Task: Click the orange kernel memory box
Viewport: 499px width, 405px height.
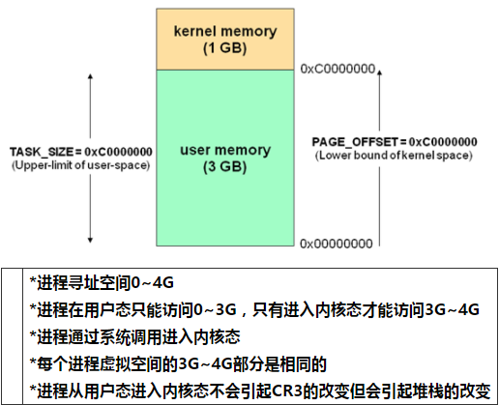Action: (225, 40)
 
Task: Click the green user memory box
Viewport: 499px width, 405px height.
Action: (225, 158)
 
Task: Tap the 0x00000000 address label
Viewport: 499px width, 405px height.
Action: (337, 244)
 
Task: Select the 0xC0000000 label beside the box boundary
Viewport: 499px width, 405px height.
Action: (338, 69)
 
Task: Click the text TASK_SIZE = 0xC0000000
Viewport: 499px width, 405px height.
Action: (81, 152)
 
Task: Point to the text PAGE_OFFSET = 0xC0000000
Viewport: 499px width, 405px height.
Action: (395, 142)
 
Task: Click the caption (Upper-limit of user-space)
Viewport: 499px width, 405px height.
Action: (81, 165)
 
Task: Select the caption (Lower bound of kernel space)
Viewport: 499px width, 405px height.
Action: (394, 156)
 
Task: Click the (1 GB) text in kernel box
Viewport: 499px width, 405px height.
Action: (225, 48)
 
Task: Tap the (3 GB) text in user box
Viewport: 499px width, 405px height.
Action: (225, 167)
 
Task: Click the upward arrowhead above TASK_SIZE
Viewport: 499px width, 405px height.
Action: (90, 76)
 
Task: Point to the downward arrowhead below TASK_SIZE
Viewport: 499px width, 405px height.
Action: (90, 240)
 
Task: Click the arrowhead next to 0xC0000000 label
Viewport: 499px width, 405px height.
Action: (380, 72)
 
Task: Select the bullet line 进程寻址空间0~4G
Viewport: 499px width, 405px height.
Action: (102, 283)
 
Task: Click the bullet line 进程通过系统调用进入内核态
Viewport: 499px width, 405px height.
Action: (135, 336)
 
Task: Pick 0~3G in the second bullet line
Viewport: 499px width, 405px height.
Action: (215, 309)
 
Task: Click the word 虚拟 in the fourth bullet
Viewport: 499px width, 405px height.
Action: (99, 364)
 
